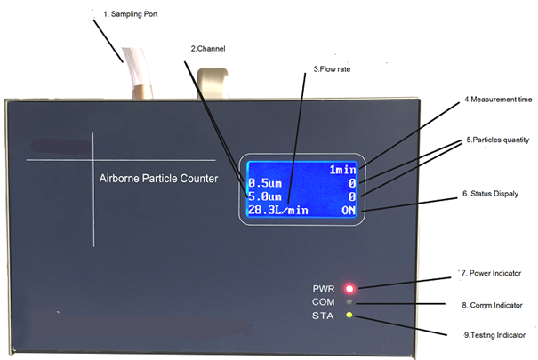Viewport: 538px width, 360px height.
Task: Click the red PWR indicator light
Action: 350,289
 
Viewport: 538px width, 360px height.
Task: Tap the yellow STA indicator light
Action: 350,316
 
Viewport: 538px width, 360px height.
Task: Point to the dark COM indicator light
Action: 350,302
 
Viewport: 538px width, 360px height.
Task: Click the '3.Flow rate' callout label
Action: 333,68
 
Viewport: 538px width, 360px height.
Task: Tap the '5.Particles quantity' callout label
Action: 497,140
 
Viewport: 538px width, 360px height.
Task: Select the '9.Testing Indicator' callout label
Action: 494,335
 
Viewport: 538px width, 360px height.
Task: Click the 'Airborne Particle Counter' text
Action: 158,179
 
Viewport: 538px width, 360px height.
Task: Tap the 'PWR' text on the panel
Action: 324,289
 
